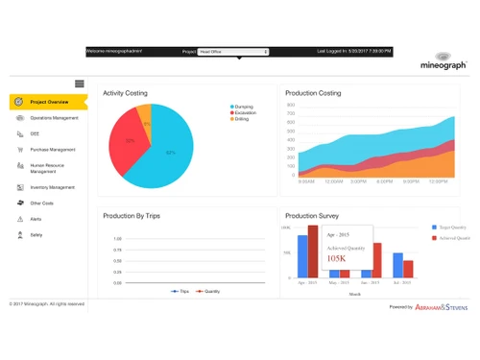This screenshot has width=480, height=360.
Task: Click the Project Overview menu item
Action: pyautogui.click(x=48, y=101)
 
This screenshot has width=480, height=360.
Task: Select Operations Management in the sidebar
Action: pyautogui.click(x=54, y=118)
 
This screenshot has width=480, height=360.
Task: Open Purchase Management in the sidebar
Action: pyautogui.click(x=52, y=149)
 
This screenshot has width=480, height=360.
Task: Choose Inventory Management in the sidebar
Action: pyautogui.click(x=52, y=187)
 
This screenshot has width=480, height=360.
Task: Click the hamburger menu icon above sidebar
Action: pyautogui.click(x=80, y=84)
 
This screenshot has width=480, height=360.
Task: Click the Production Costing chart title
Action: pyautogui.click(x=313, y=93)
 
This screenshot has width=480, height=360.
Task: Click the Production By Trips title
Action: pyautogui.click(x=132, y=216)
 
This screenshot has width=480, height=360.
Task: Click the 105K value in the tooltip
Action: pyautogui.click(x=337, y=258)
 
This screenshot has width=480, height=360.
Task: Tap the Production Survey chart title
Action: pyautogui.click(x=312, y=216)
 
